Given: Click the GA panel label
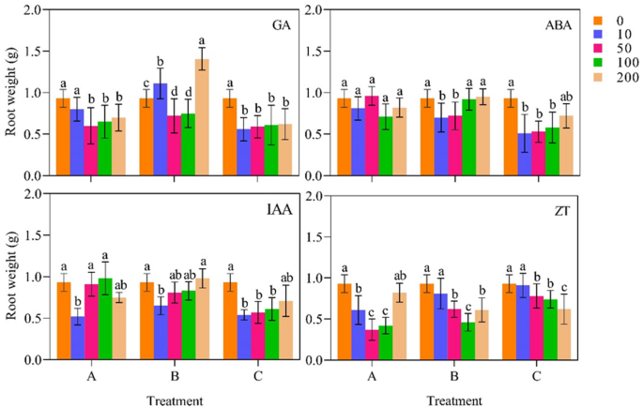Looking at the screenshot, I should pyautogui.click(x=278, y=25).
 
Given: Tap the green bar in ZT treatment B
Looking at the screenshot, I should pyautogui.click(x=467, y=341).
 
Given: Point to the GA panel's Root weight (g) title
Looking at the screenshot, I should pyautogui.click(x=11, y=93).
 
